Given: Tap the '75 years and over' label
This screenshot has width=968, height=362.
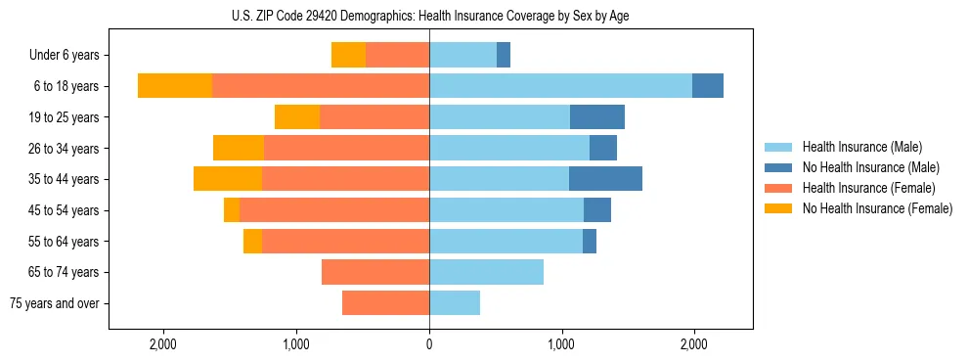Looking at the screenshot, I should coord(55,303).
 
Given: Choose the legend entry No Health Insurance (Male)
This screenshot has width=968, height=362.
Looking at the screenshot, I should coord(870,167).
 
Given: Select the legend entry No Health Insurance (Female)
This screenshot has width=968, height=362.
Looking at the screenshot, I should coord(877,208).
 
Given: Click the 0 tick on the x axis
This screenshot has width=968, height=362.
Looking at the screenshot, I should coord(429,343).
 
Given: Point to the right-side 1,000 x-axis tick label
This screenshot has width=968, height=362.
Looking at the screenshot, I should coord(561,343).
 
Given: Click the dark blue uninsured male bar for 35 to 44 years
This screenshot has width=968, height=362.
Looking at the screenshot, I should coord(605,179).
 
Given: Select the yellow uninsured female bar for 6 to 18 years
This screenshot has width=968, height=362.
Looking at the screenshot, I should coord(175,86).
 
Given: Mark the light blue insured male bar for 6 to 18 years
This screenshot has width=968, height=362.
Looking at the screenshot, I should coord(560,86).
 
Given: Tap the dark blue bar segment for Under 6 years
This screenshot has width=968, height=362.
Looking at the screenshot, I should coord(504,55).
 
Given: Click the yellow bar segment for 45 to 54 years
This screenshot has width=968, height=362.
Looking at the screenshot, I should coord(232,210).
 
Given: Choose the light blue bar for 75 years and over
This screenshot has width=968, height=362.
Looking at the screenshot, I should coord(455,303).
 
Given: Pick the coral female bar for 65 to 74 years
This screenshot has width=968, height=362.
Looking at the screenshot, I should coord(375,272).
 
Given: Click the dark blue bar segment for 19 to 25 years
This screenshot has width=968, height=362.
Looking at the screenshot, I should coord(597,117).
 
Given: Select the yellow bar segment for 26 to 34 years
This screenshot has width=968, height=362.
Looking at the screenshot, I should coord(239,148).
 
